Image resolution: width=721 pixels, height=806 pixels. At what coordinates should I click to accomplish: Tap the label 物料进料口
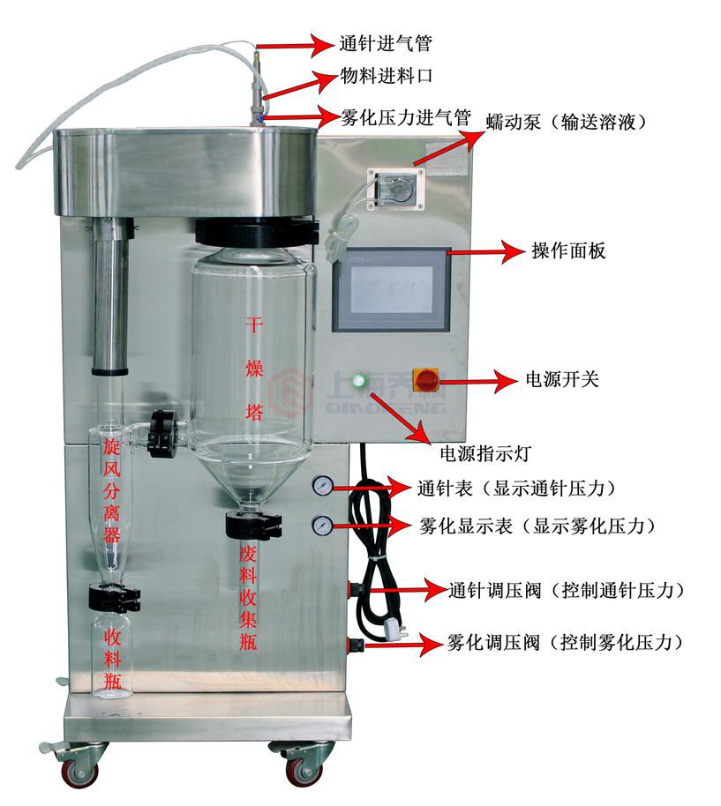[x=386, y=77]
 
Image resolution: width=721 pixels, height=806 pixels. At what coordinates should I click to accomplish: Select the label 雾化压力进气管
[x=405, y=116]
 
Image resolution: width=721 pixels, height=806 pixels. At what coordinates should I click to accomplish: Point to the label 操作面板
[x=568, y=251]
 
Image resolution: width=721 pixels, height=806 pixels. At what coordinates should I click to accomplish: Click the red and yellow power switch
[x=426, y=381]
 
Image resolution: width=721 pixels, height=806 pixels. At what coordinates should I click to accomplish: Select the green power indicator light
[x=358, y=382]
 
